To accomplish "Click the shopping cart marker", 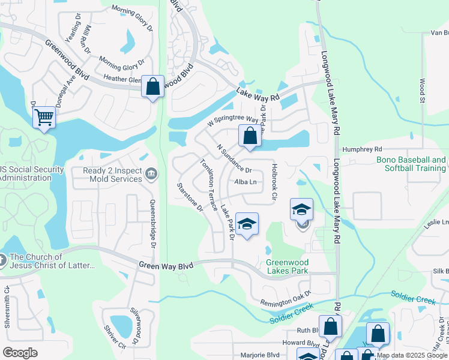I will [x=44, y=118].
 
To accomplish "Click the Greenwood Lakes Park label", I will [x=287, y=266].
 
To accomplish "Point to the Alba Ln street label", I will [x=246, y=182].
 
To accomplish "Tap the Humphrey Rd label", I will [x=362, y=149].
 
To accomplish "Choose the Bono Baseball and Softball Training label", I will [x=411, y=164].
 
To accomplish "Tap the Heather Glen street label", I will [x=122, y=79].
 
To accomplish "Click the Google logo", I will [x=20, y=353].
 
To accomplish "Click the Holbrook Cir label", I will [x=274, y=182].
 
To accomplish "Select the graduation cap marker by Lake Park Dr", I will [x=246, y=224].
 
